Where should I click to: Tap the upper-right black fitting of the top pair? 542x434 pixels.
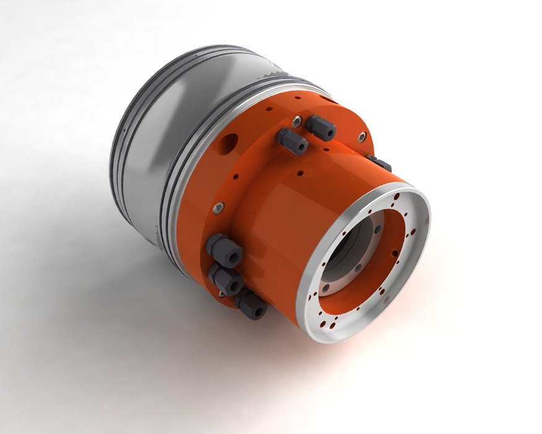click(x=320, y=128)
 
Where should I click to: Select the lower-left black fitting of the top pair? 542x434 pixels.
click(x=291, y=141)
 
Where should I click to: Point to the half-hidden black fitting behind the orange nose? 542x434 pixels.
click(x=379, y=162)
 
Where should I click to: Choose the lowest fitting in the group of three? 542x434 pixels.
click(x=250, y=305)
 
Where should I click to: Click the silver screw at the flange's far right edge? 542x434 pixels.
click(x=362, y=136)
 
